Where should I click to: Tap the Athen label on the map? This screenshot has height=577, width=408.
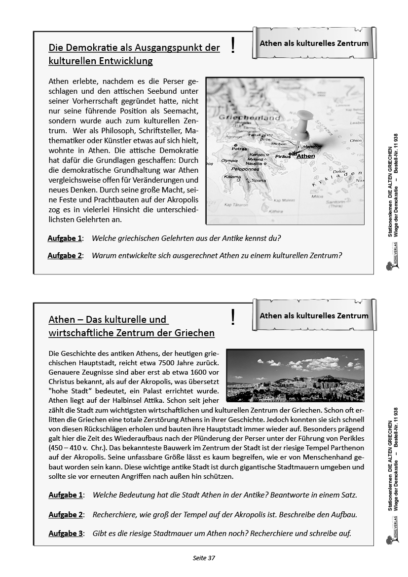coord(306,156)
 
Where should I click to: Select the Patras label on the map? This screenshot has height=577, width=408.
coord(240,148)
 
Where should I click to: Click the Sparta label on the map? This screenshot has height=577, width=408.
coord(258,181)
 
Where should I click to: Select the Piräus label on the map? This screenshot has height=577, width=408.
coord(283,156)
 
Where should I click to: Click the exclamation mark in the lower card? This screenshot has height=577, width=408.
coord(233,318)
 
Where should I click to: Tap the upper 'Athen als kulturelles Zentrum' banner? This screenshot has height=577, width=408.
coord(314,43)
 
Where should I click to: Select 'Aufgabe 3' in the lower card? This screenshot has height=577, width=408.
coord(66,534)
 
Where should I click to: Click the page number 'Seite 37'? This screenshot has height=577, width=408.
coord(204,558)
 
